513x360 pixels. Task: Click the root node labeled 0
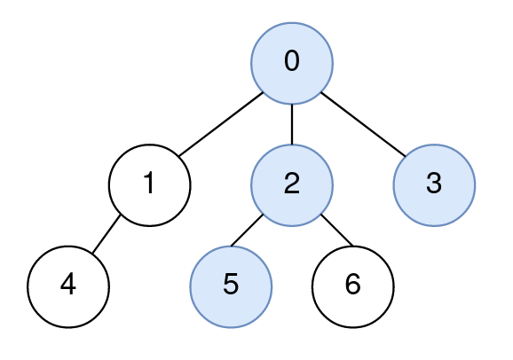(292, 63)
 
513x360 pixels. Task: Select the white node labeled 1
(149, 185)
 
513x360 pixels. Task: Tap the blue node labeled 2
(292, 185)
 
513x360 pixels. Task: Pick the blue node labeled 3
(434, 185)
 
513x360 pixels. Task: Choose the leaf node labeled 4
(68, 286)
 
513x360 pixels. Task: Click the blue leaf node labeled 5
(231, 286)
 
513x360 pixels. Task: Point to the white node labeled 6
(353, 286)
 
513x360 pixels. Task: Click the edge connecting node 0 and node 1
(221, 124)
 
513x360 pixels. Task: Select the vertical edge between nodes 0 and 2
(292, 124)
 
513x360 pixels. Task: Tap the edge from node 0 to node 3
(363, 124)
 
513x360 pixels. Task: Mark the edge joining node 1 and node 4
(107, 234)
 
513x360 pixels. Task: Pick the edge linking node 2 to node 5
(247, 231)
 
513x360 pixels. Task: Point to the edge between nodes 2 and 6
(337, 230)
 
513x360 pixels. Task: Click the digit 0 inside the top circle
(292, 61)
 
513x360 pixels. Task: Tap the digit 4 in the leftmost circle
(68, 284)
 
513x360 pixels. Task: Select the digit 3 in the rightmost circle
(434, 183)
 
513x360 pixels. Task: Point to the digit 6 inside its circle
(353, 284)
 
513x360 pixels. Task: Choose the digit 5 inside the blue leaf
(231, 284)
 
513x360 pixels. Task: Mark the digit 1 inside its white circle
(149, 183)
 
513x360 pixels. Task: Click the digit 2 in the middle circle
(292, 183)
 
